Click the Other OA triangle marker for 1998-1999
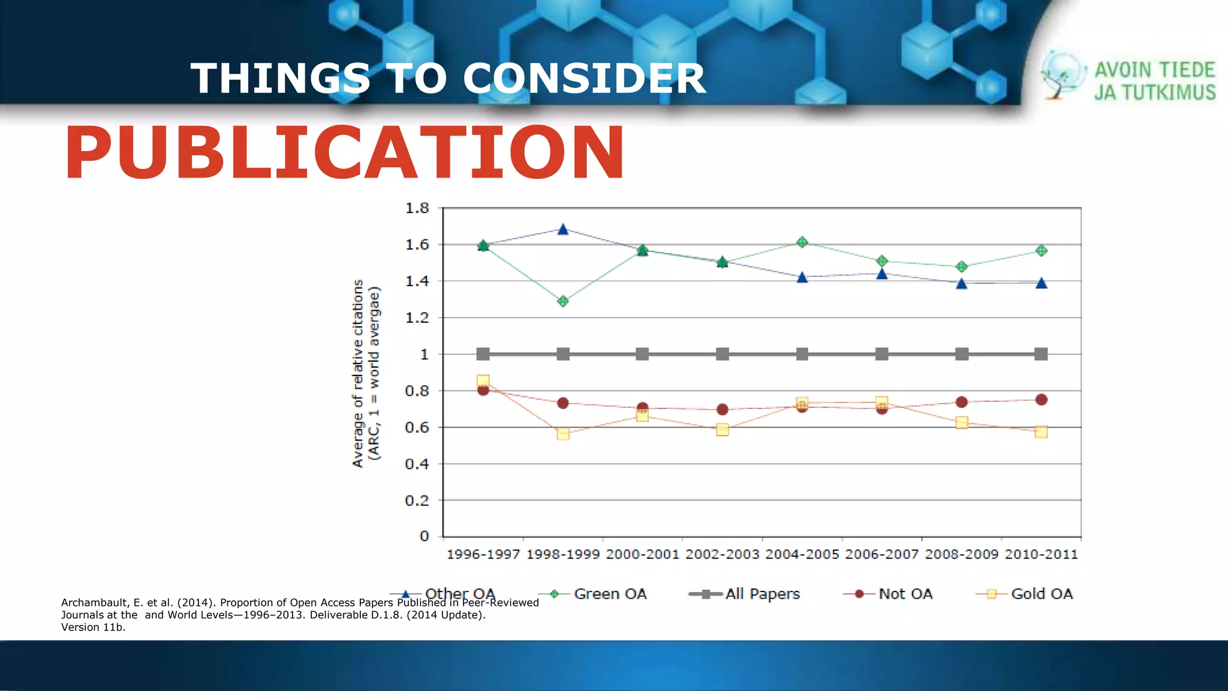pos(562,230)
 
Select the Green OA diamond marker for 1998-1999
pos(562,301)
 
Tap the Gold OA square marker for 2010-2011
pos(1041,432)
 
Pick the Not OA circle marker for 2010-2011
pos(1041,399)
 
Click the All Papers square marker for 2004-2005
pos(802,354)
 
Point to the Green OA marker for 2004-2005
pos(802,242)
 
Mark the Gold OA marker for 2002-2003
pos(722,429)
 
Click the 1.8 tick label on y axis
pos(417,208)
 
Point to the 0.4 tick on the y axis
pos(417,464)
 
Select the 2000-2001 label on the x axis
pos(642,554)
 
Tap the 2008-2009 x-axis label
pos(961,554)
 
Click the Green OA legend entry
pos(609,594)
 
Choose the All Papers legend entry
pos(762,594)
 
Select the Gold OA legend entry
pos(1041,594)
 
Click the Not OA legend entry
pos(905,594)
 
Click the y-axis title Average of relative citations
pos(359,373)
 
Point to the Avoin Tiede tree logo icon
pos(1061,75)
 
